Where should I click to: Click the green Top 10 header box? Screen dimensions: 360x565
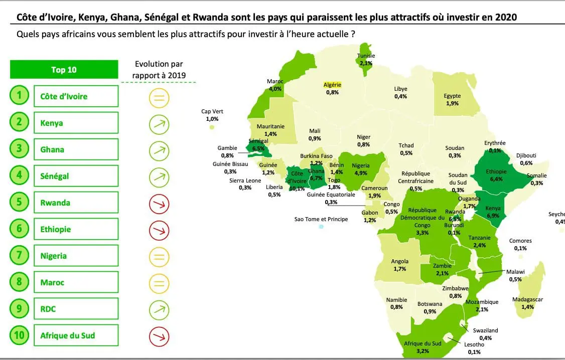(x=64, y=70)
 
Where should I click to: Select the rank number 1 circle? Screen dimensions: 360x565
(x=19, y=96)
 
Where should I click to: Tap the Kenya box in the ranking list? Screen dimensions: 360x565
(x=76, y=122)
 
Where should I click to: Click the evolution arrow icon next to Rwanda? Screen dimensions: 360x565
(x=159, y=204)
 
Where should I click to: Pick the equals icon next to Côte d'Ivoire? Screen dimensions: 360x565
(x=159, y=97)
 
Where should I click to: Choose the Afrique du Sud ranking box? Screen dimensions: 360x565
(x=76, y=335)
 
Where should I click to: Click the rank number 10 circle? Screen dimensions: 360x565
(x=19, y=335)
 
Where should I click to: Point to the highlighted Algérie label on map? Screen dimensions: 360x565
(x=332, y=85)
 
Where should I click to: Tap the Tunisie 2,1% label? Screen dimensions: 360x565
(x=366, y=60)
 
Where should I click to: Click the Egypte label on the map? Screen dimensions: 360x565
(x=452, y=100)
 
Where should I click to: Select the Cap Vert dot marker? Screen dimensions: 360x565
(x=212, y=127)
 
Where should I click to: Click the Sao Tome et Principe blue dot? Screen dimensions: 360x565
(x=321, y=227)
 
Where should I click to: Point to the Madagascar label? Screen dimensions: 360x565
(x=527, y=303)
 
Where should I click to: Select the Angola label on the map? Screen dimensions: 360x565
(x=400, y=265)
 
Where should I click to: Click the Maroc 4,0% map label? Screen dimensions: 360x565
(x=275, y=85)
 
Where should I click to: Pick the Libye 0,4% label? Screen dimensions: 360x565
(x=400, y=92)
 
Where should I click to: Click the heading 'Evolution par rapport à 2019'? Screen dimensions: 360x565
(x=159, y=70)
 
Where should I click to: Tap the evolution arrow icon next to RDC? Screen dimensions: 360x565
(x=159, y=309)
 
